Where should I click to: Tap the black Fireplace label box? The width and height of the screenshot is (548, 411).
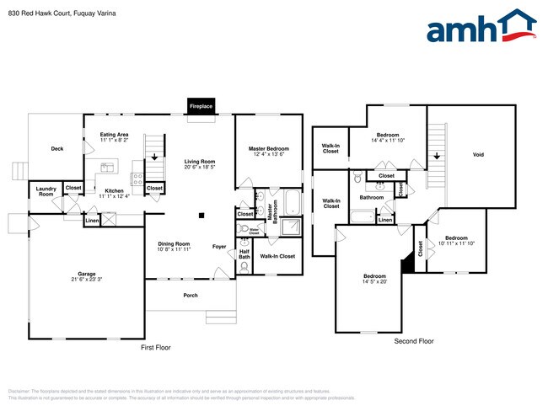[201, 107]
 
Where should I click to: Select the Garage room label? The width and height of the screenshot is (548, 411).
[87, 274]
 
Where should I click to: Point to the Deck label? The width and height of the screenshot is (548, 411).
[56, 149]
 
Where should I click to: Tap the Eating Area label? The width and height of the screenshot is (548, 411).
[114, 135]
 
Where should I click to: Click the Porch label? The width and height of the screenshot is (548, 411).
[191, 296]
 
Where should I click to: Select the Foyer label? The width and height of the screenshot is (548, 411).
[218, 247]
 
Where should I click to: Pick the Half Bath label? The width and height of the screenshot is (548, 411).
[244, 254]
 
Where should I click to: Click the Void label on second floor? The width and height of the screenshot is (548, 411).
[478, 155]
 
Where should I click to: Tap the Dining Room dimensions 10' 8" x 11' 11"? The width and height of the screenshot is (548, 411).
[175, 250]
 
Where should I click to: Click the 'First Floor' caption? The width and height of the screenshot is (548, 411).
[155, 347]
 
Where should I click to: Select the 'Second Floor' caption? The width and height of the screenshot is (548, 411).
[414, 341]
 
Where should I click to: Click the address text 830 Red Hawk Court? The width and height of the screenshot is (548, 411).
[38, 13]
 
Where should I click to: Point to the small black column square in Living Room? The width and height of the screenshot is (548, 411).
[201, 216]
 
